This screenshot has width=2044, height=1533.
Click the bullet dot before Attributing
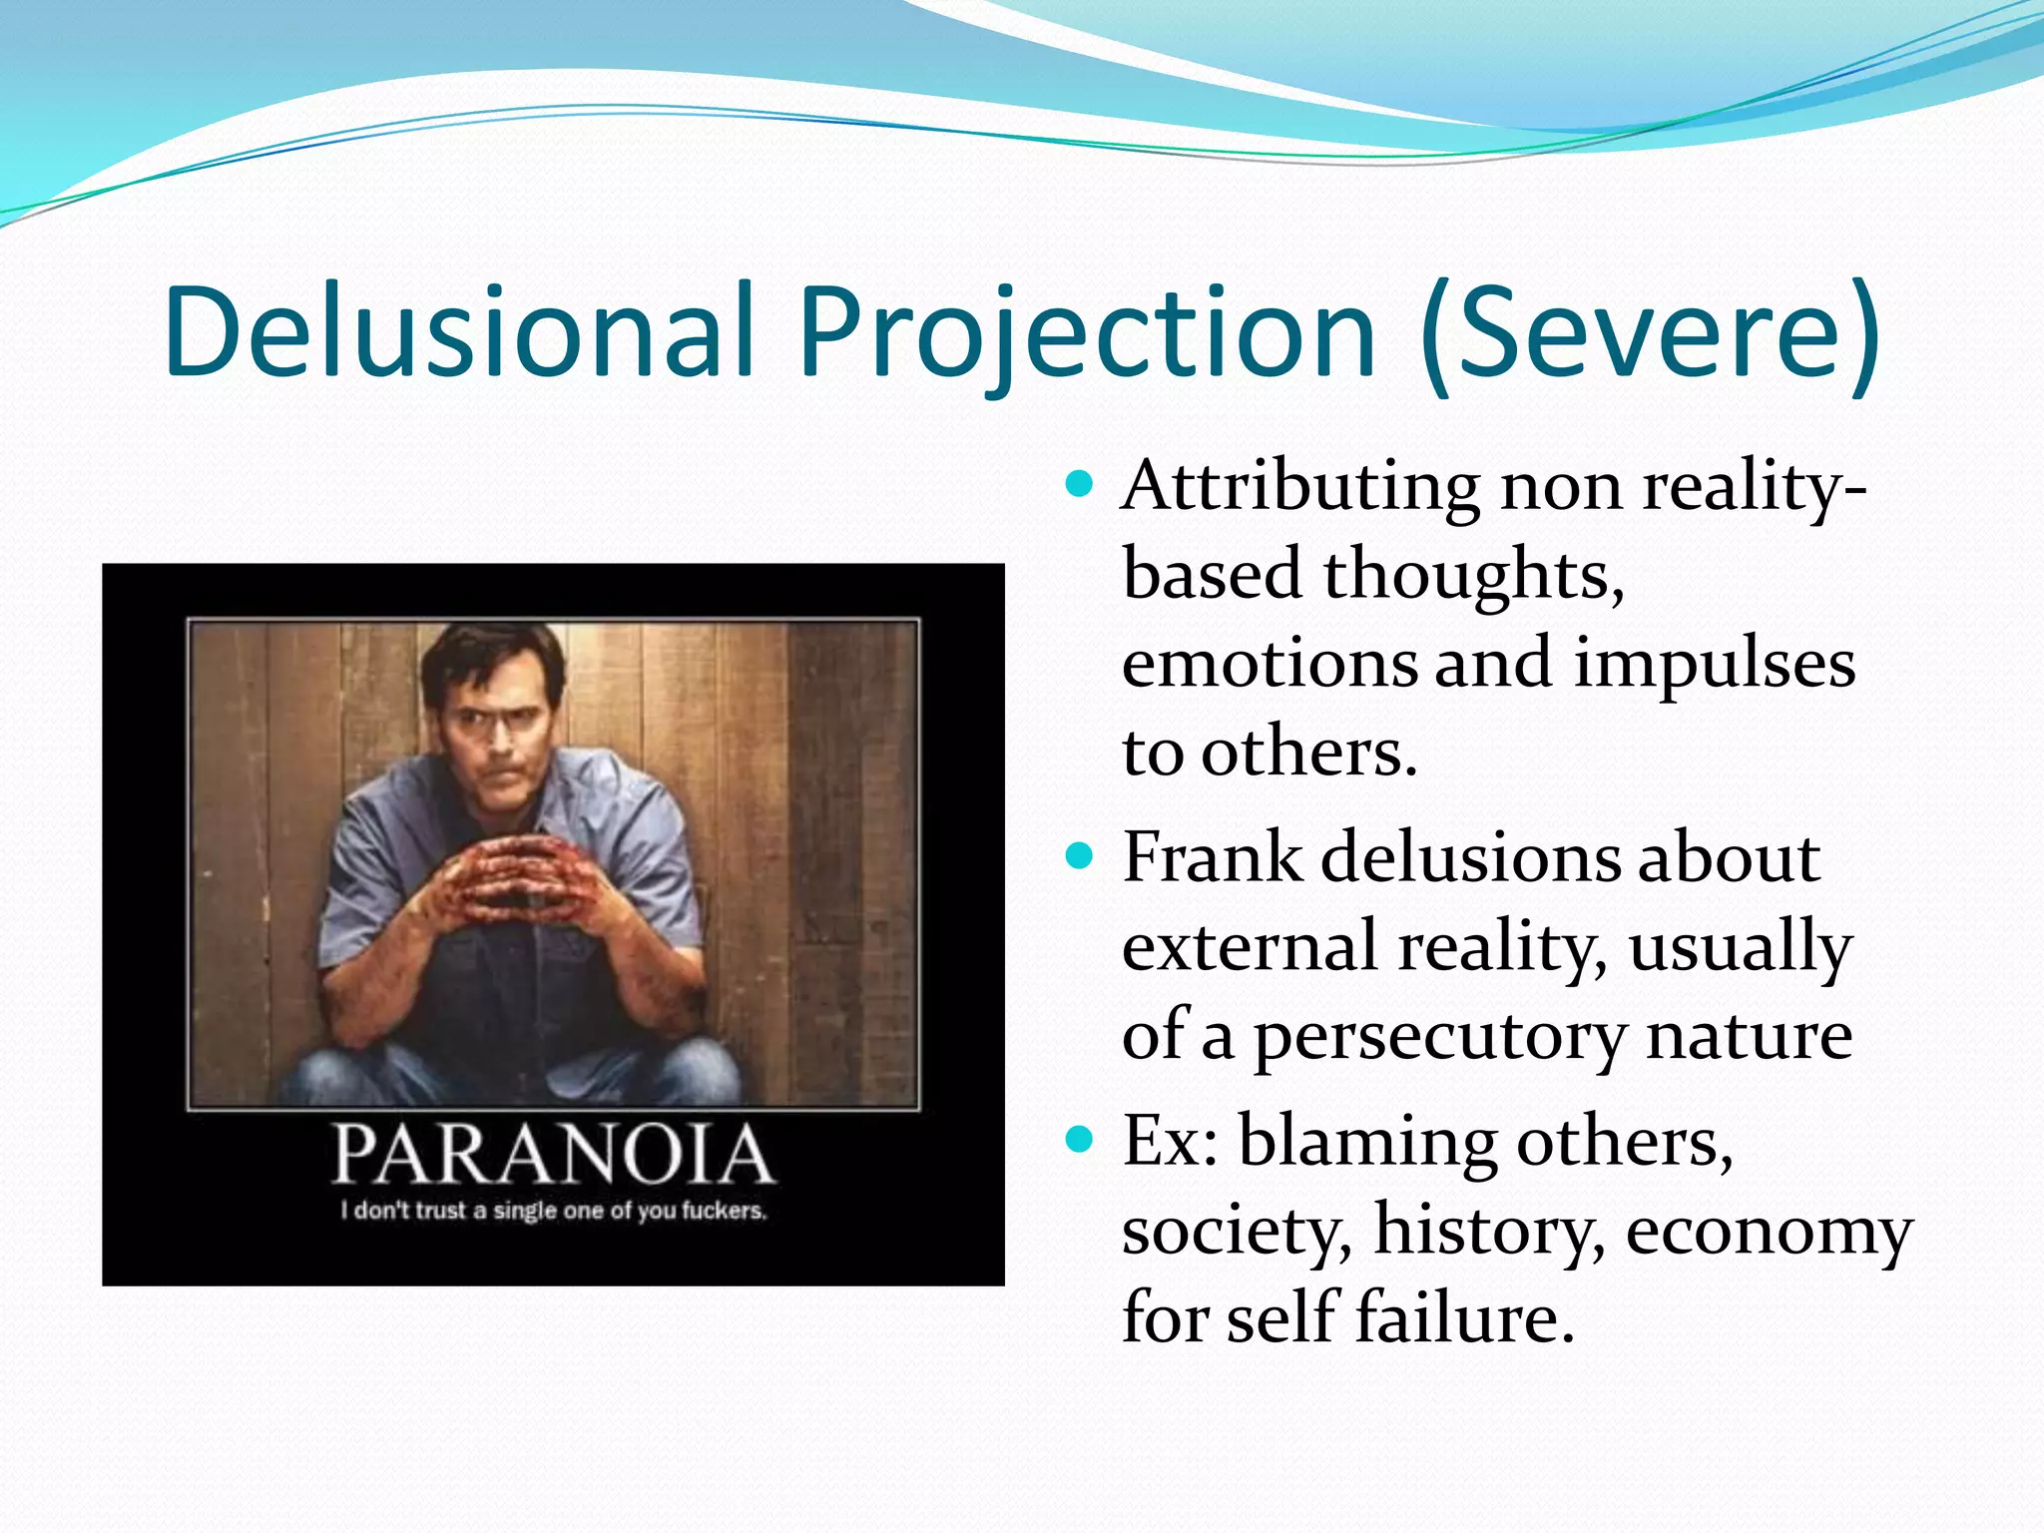tap(1079, 486)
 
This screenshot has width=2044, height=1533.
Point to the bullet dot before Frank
tap(1079, 856)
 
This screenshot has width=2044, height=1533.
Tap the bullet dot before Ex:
tap(1079, 1139)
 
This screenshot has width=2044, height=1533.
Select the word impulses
tap(1714, 665)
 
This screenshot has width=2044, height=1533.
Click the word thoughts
tap(1473, 576)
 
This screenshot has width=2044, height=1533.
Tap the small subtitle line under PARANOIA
tap(553, 1211)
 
